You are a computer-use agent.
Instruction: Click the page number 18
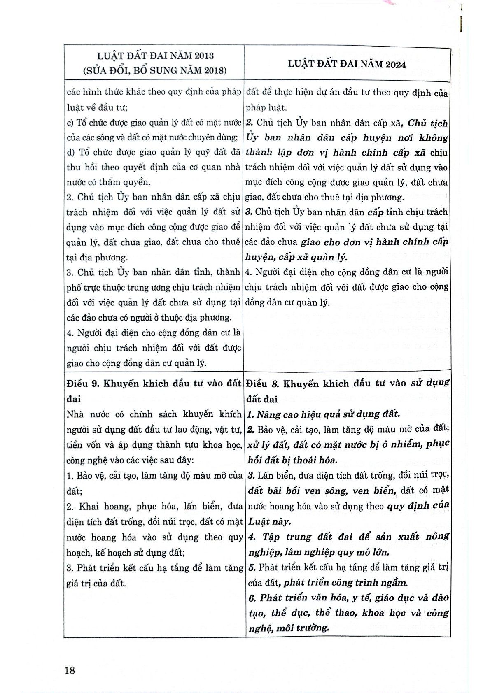[70, 670]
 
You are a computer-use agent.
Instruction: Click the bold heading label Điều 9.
[82, 384]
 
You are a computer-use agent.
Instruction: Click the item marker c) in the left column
[70, 123]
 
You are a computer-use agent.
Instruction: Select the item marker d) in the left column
[70, 152]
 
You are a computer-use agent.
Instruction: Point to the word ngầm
[394, 583]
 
